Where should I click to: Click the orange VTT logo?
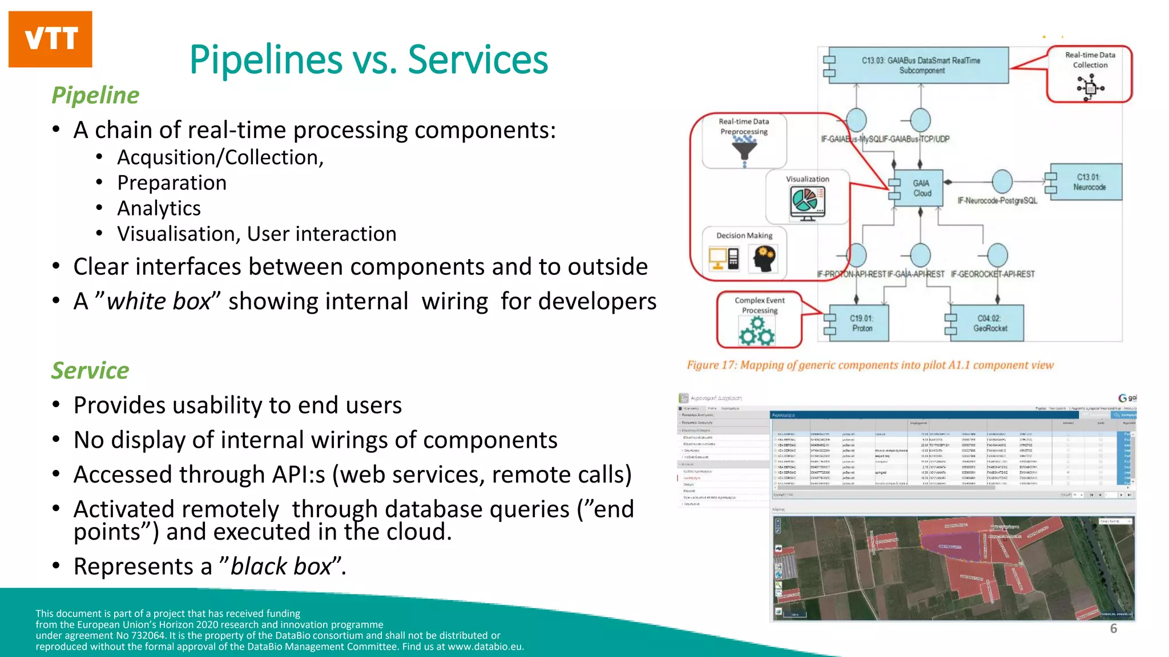50,39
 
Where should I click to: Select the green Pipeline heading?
95,95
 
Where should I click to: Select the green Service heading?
90,371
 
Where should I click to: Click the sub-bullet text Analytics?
159,208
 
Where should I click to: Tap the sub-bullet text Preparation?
172,182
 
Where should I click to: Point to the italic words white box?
159,301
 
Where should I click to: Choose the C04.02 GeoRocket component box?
990,323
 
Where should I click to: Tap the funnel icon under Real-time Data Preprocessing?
744,149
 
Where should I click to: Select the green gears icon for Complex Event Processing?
757,331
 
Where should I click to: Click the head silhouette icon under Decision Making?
763,259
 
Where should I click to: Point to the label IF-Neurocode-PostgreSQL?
997,201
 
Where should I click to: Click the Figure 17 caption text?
870,365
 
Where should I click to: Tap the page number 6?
1113,628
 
